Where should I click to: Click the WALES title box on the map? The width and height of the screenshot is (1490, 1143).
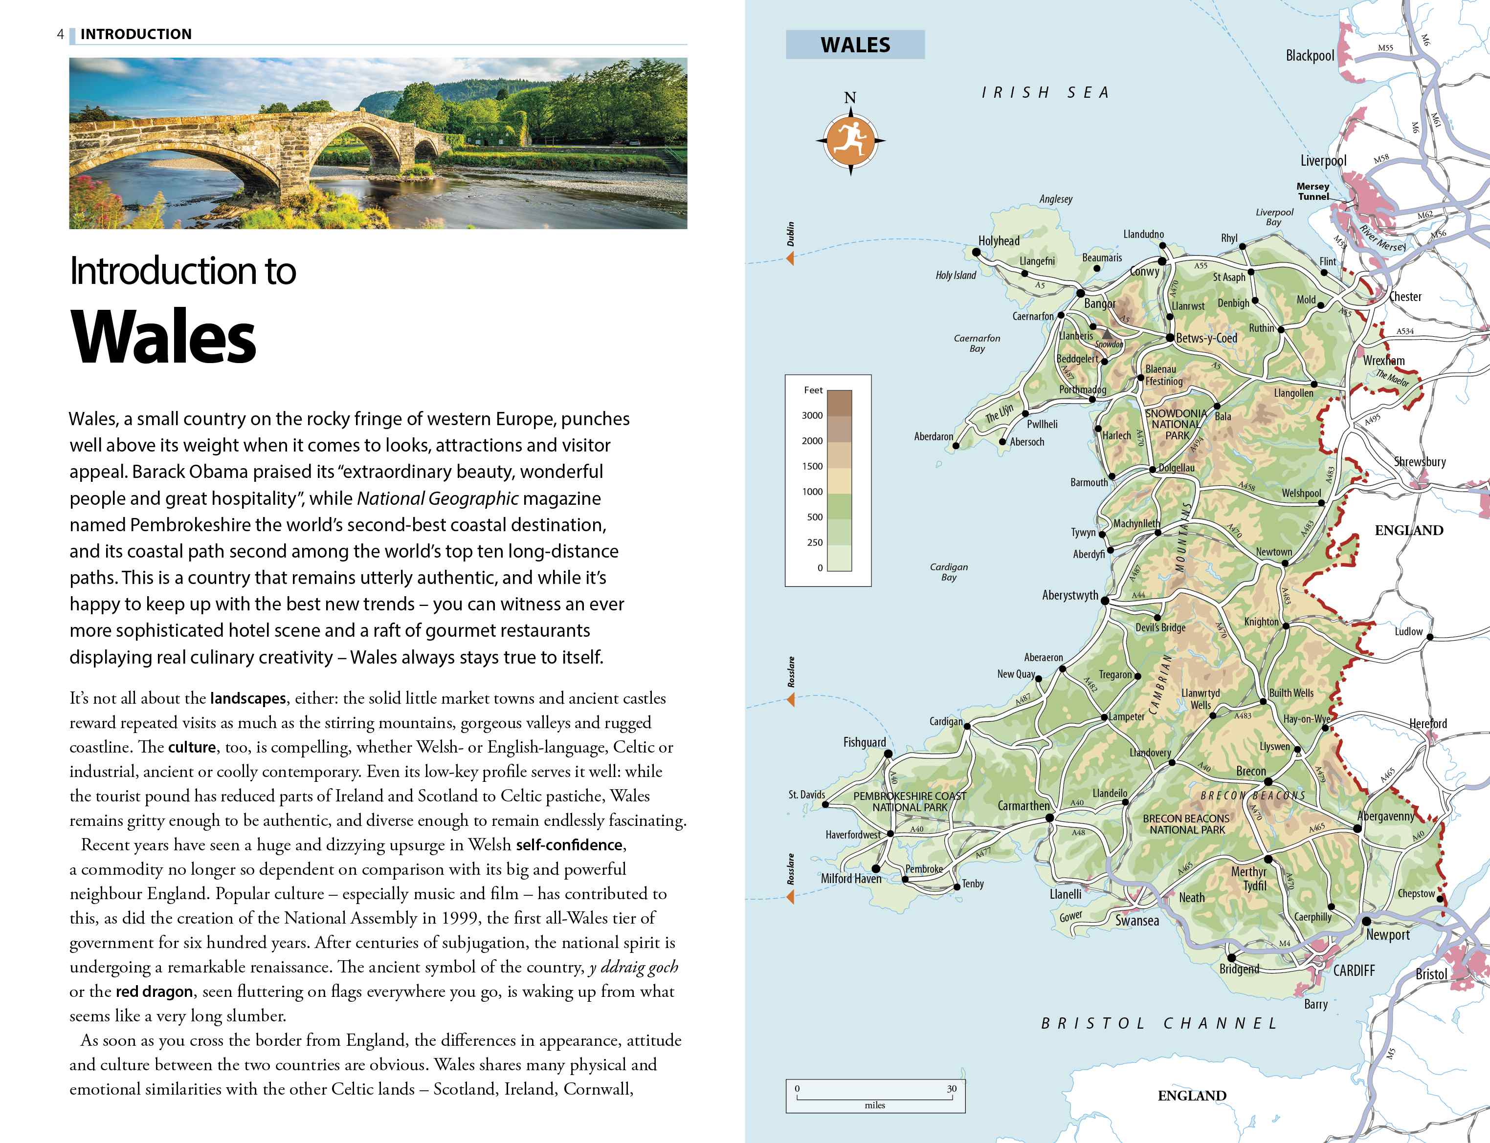(x=855, y=45)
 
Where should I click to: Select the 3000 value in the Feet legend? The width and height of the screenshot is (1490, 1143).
(x=812, y=415)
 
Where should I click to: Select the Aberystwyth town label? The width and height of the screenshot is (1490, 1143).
(x=1069, y=595)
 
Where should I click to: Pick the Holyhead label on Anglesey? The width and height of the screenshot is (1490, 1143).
(x=999, y=241)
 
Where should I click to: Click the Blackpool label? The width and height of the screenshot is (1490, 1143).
(x=1309, y=56)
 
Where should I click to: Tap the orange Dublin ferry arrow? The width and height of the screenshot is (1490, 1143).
(x=790, y=259)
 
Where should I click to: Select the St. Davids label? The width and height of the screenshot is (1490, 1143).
(x=806, y=795)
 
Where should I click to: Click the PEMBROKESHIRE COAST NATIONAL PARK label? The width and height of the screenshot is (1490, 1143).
(x=910, y=801)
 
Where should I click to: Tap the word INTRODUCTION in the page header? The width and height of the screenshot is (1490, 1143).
(x=136, y=34)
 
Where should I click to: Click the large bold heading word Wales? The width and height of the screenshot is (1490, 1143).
(x=163, y=338)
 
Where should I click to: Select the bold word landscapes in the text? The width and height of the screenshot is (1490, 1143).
(x=248, y=698)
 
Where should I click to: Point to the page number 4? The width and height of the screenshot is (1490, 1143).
(x=61, y=34)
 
